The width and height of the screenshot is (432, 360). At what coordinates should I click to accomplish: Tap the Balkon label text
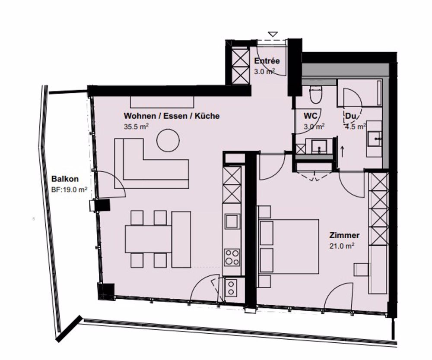[x=64, y=178]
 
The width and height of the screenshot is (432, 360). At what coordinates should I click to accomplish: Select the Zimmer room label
[x=344, y=236]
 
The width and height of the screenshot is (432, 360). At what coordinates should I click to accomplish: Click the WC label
[x=311, y=116]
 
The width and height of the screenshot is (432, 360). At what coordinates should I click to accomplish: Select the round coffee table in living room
[x=168, y=141]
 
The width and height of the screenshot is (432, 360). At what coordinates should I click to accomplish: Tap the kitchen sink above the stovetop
[x=231, y=221]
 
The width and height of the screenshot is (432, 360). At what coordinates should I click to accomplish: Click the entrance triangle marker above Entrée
[x=273, y=34]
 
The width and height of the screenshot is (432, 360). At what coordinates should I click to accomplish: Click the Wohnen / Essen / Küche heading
[x=172, y=116]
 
